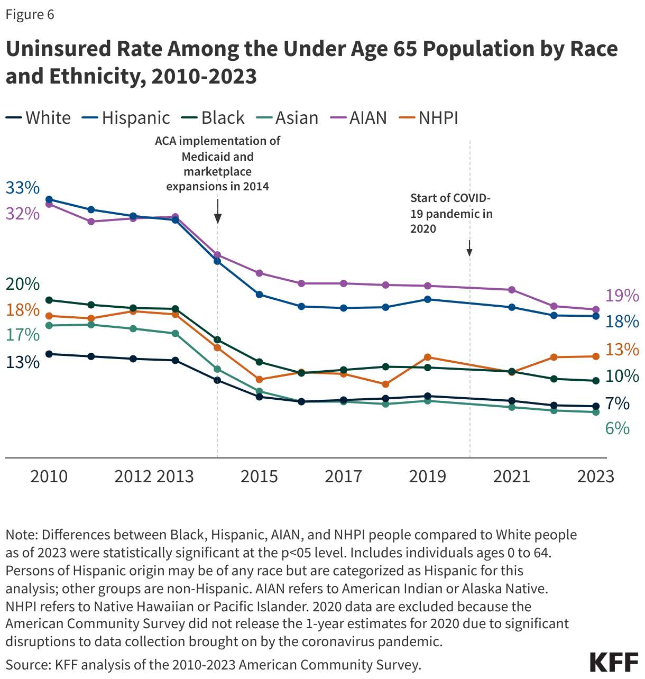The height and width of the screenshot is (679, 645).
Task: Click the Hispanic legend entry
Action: point(126,117)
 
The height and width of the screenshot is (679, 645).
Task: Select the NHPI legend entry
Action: point(429,117)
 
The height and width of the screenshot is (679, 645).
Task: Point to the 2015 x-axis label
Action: point(259,476)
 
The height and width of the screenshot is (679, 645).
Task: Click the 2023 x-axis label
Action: point(596,476)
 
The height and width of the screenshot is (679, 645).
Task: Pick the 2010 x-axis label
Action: point(49,476)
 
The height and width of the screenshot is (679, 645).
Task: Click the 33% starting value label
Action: point(22,187)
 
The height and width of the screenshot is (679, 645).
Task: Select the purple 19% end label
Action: point(622,296)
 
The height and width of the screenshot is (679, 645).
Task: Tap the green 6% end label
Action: point(617,428)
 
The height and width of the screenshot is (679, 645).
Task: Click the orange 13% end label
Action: point(622,350)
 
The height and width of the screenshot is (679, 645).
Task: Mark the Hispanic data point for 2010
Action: point(49,199)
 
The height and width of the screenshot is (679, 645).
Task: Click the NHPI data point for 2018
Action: point(385,384)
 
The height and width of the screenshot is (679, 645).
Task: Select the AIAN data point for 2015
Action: point(259,273)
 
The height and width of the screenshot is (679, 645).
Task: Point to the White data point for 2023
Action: point(596,406)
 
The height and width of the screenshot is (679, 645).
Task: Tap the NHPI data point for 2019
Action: point(428,357)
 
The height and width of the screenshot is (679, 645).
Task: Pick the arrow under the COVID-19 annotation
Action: point(469,248)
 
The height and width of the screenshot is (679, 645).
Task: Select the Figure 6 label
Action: point(30,14)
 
